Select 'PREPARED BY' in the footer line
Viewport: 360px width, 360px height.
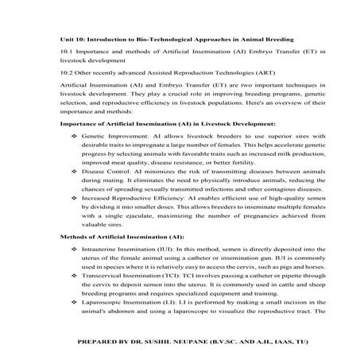101,343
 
